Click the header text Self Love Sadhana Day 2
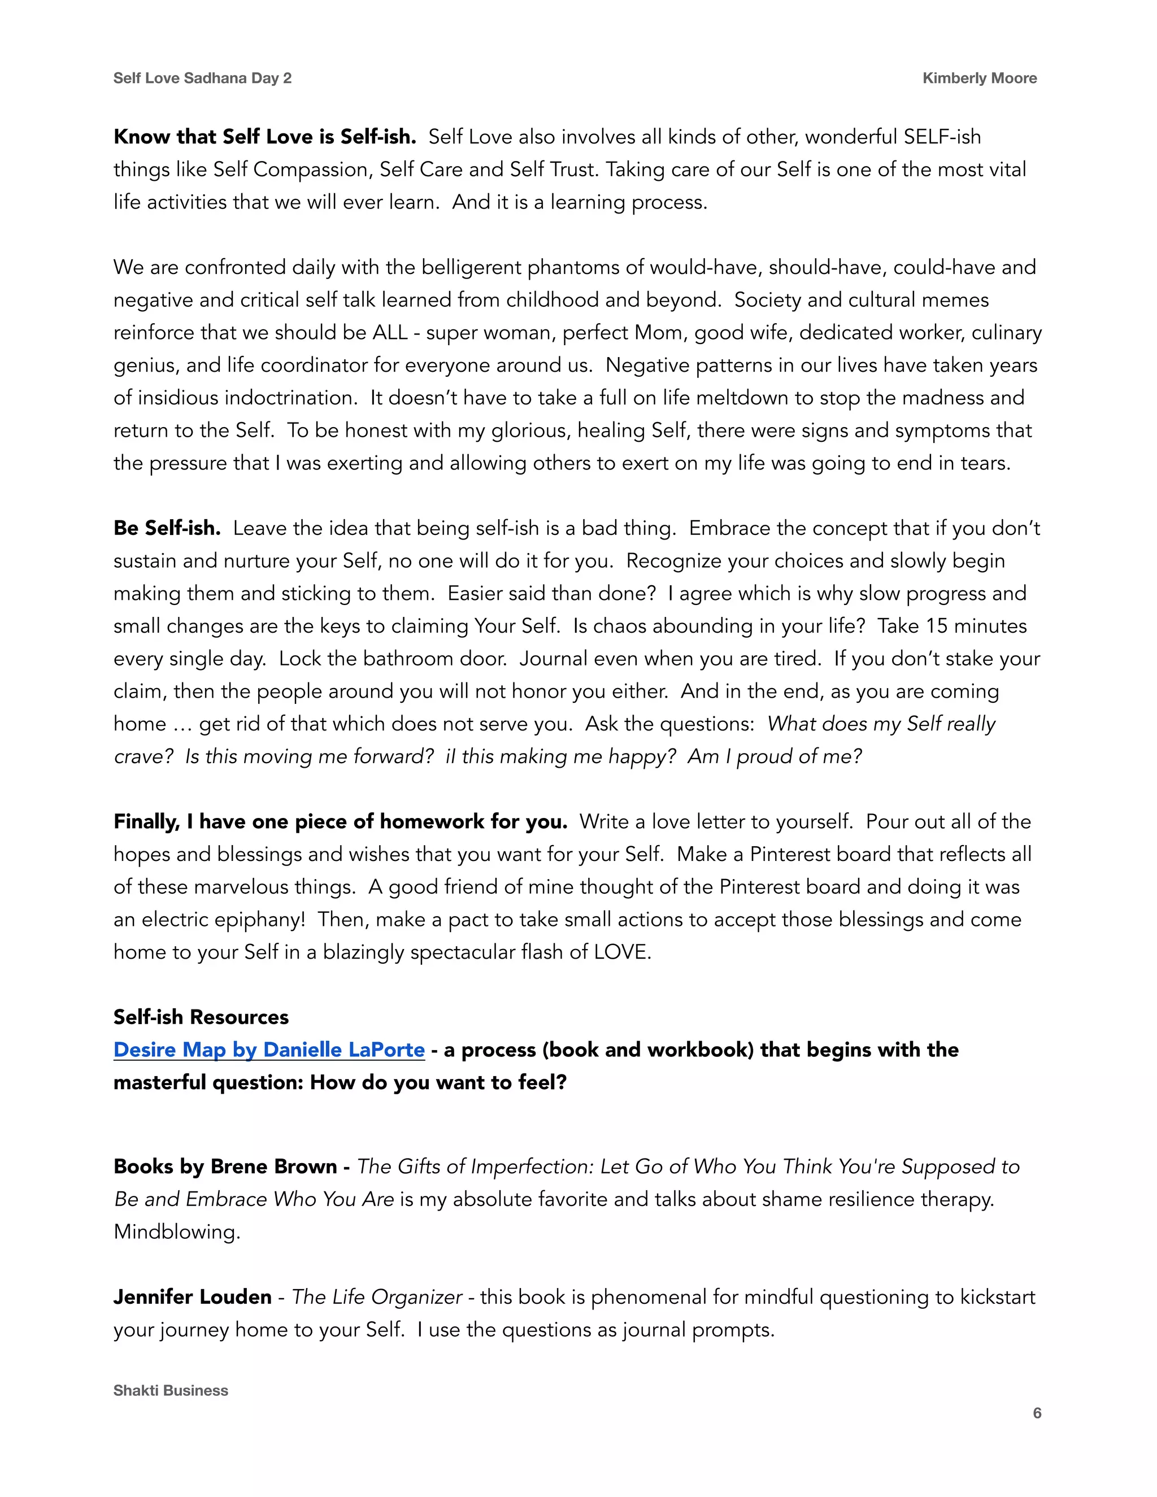[x=202, y=78]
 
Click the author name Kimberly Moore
[x=979, y=78]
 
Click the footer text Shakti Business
[x=171, y=1390]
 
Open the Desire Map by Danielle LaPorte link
[x=269, y=1050]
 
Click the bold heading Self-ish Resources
[x=201, y=1016]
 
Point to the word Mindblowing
[x=176, y=1231]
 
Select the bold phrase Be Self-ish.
[x=167, y=528]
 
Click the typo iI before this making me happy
[x=450, y=756]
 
